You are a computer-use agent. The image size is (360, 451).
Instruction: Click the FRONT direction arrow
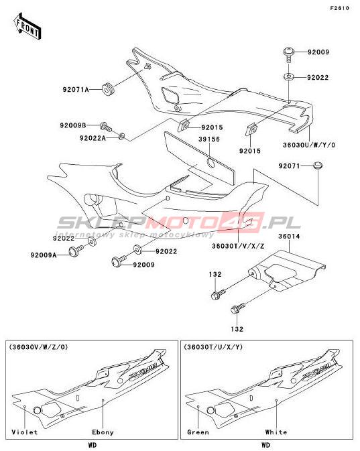(27, 26)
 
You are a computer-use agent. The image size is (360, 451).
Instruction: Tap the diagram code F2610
(340, 8)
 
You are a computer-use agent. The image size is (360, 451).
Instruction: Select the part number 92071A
(76, 90)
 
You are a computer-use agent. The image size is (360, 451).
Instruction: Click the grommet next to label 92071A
(109, 89)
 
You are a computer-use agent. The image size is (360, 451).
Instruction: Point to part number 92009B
(73, 126)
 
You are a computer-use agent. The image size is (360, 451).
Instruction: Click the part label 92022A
(93, 138)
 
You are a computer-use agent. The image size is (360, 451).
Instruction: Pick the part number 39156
(209, 139)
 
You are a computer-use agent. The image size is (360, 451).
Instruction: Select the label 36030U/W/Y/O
(309, 145)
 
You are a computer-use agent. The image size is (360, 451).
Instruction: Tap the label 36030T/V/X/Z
(238, 246)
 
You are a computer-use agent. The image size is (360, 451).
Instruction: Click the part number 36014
(289, 237)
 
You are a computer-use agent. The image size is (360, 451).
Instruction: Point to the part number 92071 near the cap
(289, 166)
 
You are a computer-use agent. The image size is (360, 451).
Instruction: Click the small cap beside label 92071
(318, 166)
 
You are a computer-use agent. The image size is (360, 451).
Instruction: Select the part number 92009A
(44, 255)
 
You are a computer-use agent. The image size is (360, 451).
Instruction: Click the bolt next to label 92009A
(76, 251)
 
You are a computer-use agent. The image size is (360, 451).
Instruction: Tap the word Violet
(24, 432)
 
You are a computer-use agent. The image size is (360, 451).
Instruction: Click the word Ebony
(103, 432)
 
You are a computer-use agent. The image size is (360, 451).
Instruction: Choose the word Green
(198, 432)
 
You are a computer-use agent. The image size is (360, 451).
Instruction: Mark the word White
(276, 432)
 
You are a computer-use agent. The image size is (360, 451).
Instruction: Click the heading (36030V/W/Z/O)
(39, 347)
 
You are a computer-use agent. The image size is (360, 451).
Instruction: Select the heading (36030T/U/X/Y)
(213, 347)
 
